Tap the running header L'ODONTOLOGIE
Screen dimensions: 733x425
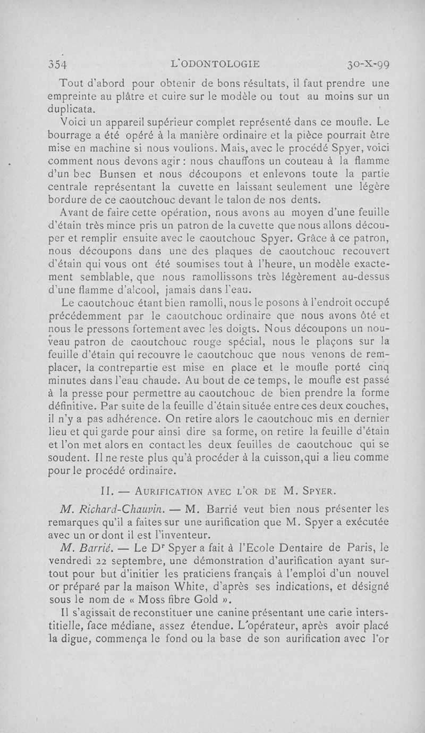click(x=215, y=64)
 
